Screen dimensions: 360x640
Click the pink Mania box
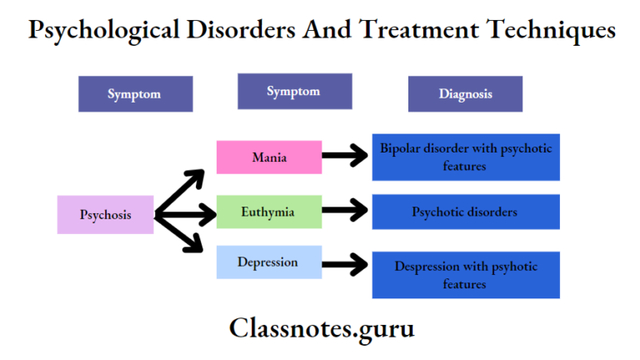point(268,157)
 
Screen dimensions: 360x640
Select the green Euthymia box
point(268,212)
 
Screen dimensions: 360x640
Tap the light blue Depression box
point(268,262)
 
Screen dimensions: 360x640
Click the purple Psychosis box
point(105,214)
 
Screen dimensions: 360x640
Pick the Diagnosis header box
point(465,94)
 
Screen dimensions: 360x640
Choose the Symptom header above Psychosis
point(135,94)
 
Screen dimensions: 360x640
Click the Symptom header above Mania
point(293,92)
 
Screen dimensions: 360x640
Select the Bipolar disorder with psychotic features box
point(465,157)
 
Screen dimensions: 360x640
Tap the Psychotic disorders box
point(465,212)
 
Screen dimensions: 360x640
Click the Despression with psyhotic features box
point(465,275)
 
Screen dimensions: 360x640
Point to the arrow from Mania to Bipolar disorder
point(345,155)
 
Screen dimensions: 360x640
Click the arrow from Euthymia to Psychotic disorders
point(345,211)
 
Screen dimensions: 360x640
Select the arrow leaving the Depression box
point(345,265)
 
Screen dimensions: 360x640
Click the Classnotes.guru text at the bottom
point(322,328)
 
